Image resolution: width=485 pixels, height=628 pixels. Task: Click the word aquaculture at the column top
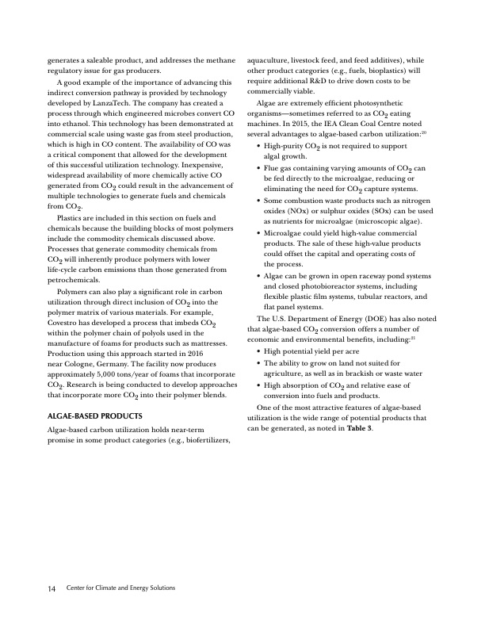[273, 59]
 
